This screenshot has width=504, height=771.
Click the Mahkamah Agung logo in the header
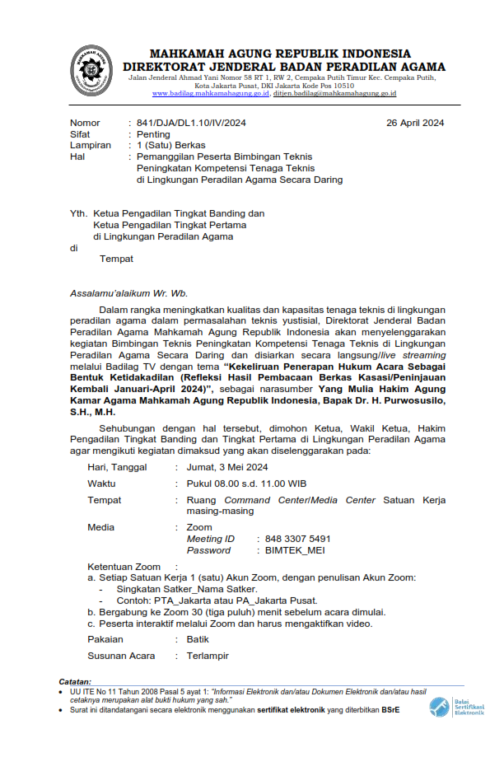click(91, 68)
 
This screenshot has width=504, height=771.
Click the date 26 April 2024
click(415, 123)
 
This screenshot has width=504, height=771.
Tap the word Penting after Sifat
click(154, 134)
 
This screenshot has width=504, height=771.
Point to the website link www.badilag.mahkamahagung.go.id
click(211, 94)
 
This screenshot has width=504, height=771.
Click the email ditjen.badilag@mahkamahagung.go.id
click(335, 94)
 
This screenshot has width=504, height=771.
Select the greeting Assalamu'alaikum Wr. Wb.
click(128, 292)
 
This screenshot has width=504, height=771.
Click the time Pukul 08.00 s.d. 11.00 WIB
click(246, 484)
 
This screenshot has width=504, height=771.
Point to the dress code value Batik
click(198, 639)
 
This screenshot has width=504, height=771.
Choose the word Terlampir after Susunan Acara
click(208, 656)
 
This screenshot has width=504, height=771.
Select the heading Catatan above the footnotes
click(76, 682)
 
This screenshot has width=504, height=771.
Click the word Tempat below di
click(116, 259)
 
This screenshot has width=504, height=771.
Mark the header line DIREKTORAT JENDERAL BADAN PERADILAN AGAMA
click(284, 67)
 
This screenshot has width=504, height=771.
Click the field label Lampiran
click(91, 145)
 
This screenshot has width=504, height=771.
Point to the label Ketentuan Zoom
click(124, 567)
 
